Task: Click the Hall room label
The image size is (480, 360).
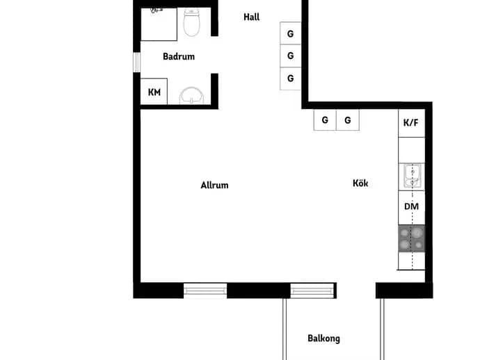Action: click(251, 17)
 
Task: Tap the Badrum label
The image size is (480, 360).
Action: click(179, 56)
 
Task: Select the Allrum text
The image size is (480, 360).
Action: click(214, 185)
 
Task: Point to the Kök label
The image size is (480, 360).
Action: click(360, 183)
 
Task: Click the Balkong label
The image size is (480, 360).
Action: click(323, 338)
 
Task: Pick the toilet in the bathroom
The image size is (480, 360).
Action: click(191, 22)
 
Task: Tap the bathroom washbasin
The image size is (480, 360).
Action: click(191, 95)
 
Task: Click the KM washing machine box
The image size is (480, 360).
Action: click(154, 92)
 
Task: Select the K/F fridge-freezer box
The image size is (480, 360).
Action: click(411, 123)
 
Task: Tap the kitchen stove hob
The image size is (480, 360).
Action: click(411, 238)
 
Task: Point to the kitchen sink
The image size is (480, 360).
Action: click(412, 177)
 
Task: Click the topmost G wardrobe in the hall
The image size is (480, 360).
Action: click(290, 33)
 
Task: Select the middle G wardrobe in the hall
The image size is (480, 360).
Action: click(290, 56)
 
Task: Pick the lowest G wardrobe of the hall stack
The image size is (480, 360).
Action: click(290, 79)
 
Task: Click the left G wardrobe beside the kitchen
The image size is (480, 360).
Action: click(325, 120)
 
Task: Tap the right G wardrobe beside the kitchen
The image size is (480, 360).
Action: click(347, 120)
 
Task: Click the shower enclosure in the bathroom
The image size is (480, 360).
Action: click(159, 24)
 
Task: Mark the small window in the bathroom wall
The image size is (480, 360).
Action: click(136, 62)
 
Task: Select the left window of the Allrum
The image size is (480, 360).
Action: click(205, 290)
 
